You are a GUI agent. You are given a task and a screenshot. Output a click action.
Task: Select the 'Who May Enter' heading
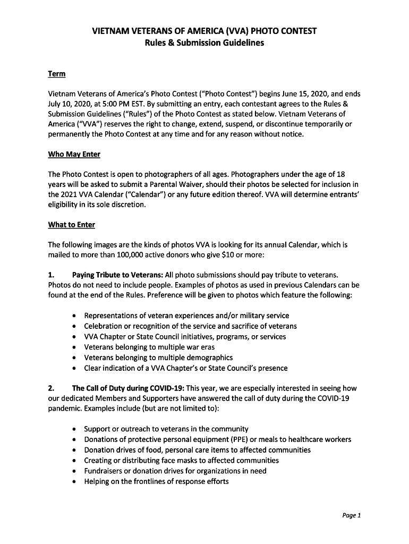tap(74, 154)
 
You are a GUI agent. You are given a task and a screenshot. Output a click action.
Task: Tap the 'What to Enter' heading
tap(71, 225)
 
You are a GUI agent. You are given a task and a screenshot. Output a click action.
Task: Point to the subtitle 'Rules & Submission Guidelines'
tap(204, 42)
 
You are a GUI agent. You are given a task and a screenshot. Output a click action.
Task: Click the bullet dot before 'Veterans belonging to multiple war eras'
tap(76, 347)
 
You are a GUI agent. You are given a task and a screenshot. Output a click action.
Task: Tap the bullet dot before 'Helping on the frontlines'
tap(76, 482)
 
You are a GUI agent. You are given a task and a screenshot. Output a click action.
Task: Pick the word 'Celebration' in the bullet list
tap(103, 326)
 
